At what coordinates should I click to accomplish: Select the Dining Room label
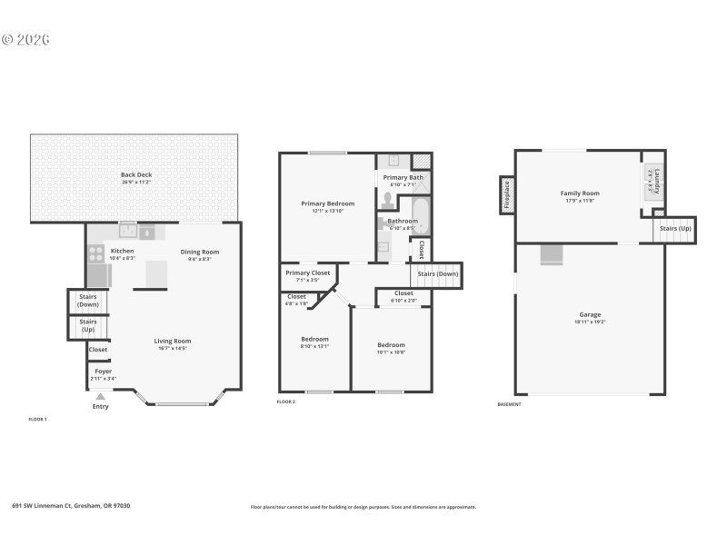[199, 252]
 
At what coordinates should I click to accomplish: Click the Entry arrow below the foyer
[100, 396]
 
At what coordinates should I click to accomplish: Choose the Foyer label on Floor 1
[104, 371]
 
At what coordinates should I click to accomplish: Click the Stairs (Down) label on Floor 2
[437, 273]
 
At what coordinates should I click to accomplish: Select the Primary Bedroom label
[327, 203]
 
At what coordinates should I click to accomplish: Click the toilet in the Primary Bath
[388, 197]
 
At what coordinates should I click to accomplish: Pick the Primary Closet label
[307, 272]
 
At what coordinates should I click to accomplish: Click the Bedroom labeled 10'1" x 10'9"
[391, 345]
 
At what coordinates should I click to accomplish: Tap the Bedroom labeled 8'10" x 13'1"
[314, 340]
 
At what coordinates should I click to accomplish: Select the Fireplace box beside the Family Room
[506, 195]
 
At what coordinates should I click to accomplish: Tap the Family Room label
[579, 193]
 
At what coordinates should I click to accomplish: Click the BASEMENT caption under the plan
[509, 404]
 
